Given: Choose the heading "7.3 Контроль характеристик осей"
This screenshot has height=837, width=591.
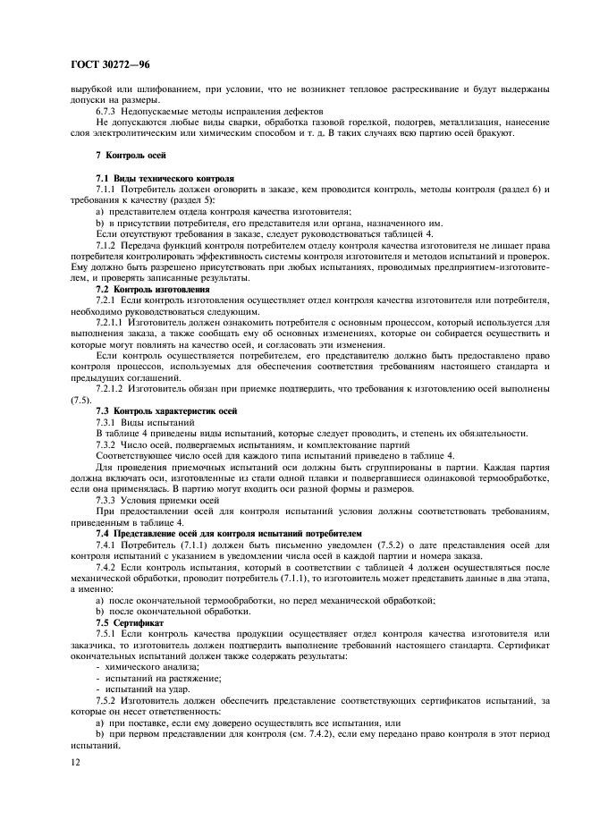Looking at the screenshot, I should tap(165, 410).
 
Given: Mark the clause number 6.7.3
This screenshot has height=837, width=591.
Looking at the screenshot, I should tap(107, 111).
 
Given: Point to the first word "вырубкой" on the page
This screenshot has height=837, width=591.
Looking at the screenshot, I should tap(91, 89).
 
